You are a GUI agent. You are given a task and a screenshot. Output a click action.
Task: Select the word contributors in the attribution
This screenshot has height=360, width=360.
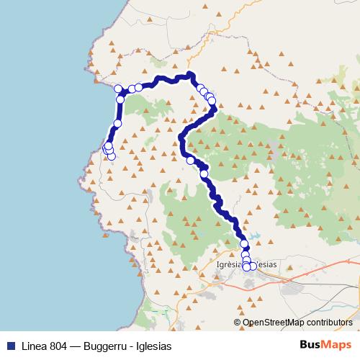[329, 323]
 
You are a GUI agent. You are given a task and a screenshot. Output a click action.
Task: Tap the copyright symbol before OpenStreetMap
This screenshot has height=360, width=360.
[238, 323]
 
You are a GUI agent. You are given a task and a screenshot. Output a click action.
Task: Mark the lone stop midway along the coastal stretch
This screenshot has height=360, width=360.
[117, 124]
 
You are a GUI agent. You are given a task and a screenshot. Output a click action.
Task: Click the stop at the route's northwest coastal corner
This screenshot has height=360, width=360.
[119, 89]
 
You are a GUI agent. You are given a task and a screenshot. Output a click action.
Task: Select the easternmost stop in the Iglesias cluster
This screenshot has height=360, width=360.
[253, 266]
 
